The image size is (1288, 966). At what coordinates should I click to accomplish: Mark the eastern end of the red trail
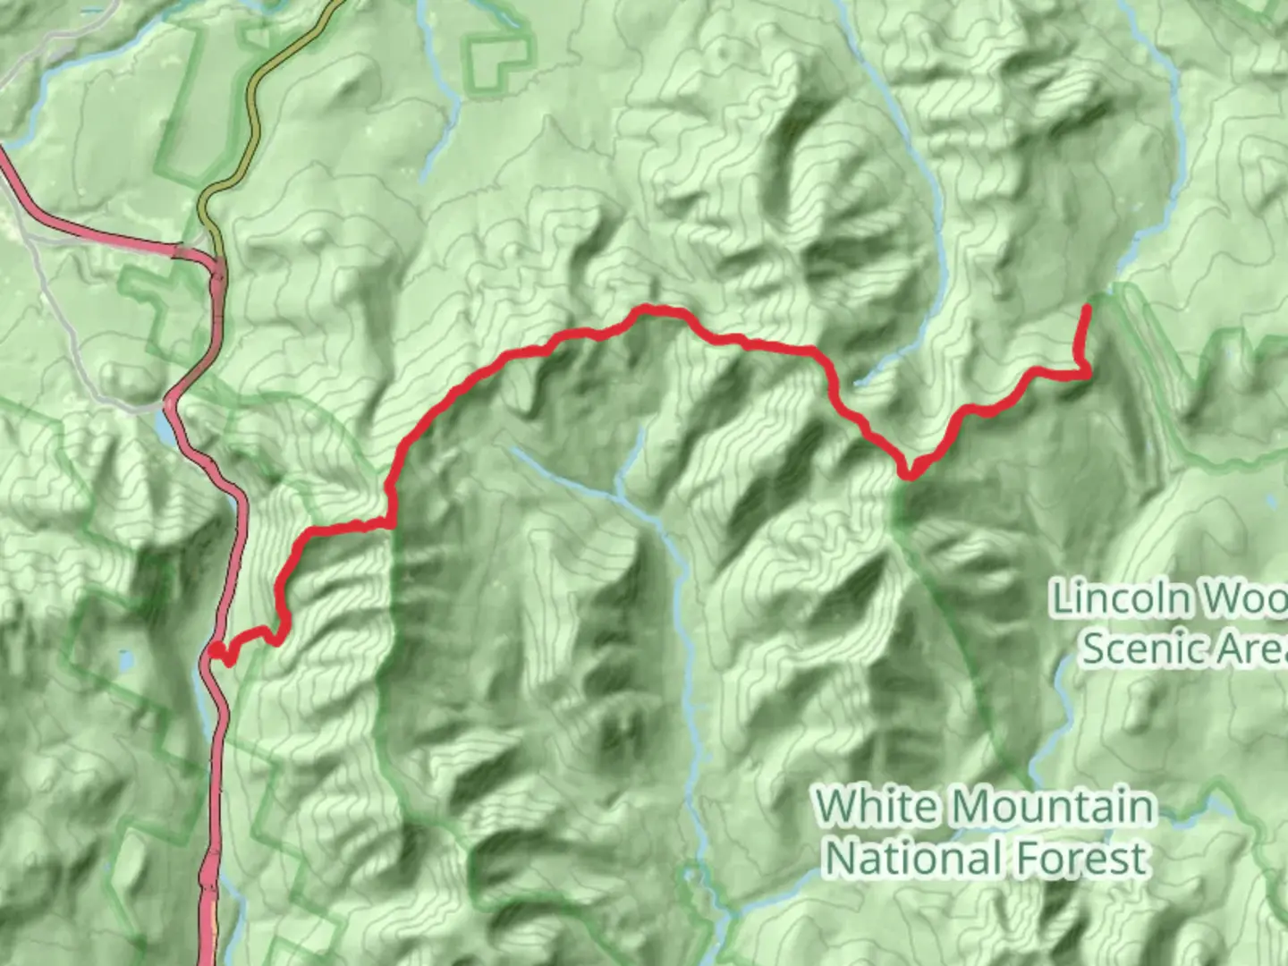1087,309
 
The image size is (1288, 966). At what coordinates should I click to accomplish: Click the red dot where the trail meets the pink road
216,650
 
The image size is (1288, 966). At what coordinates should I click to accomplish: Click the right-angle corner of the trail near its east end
1087,374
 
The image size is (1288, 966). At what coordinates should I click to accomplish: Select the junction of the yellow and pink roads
217,261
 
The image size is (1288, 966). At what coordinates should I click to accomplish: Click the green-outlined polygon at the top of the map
495,63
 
